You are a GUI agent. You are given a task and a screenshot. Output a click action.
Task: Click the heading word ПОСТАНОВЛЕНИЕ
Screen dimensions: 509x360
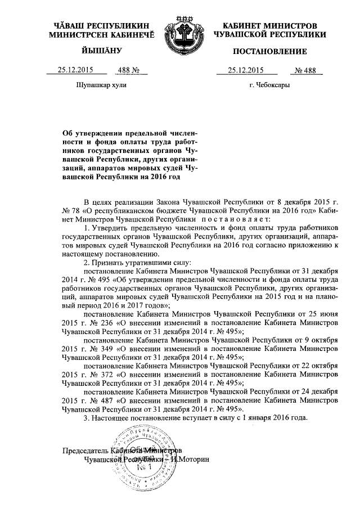(270, 52)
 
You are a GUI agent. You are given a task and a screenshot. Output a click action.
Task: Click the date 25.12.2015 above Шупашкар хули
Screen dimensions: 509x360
(76, 70)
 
